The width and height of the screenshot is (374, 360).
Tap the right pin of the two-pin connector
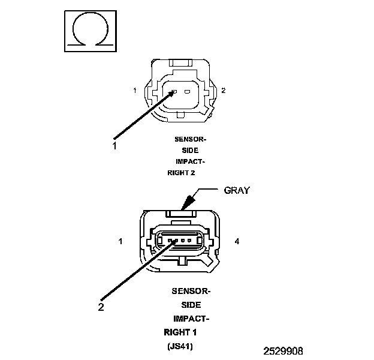coord(187,92)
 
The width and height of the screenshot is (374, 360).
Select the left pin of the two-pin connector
coord(173,92)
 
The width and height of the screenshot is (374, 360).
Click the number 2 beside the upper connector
coord(224,91)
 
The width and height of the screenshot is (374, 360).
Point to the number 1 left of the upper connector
coord(135,91)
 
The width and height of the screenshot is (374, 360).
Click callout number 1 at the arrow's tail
coord(114,145)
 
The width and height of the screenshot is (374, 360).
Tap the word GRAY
coord(237,190)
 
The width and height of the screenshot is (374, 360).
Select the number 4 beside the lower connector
coord(237,242)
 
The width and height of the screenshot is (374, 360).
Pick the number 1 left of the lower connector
coord(120,242)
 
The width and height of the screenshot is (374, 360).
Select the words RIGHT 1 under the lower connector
coord(180,332)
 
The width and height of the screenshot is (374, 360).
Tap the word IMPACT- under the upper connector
coord(191,161)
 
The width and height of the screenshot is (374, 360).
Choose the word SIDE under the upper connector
coord(190,150)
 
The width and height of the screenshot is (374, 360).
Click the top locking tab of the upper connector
coord(180,61)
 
